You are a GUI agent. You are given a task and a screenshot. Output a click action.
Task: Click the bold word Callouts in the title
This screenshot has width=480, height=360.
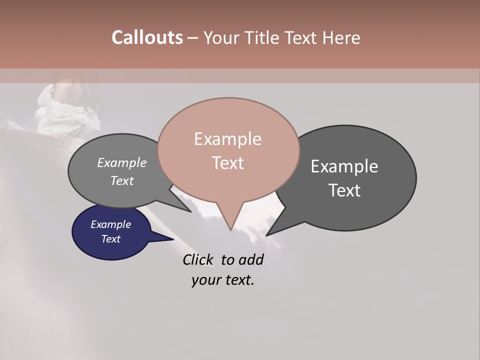click(147, 37)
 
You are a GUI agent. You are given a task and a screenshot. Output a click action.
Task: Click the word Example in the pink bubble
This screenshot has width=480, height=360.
click(227, 139)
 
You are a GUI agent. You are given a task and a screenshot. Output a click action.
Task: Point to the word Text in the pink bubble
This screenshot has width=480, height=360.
click(227, 163)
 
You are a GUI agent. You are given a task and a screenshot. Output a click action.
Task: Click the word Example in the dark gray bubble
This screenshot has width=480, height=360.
click(344, 166)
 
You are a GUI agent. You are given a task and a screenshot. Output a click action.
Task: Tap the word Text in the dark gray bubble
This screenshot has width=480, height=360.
click(344, 190)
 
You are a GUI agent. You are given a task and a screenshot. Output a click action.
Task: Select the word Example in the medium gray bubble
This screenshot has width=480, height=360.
click(122, 162)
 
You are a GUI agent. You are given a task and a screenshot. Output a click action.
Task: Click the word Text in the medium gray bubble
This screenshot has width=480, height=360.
click(122, 180)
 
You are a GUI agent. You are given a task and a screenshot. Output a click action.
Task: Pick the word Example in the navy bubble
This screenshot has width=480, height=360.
click(110, 224)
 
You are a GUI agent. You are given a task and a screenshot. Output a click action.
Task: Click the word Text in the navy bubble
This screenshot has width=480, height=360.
click(110, 239)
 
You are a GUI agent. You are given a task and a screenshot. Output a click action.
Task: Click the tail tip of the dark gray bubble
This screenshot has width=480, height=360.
click(267, 234)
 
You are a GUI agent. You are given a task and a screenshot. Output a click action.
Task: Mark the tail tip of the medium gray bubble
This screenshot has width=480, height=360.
click(190, 211)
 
